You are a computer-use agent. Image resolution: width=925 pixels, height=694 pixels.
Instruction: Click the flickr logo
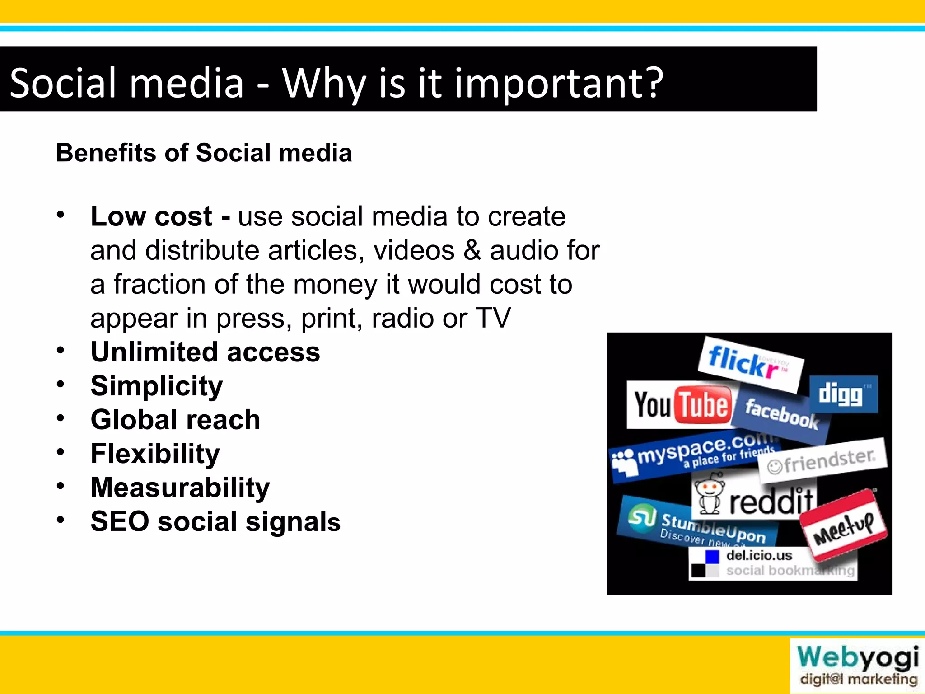[750, 364]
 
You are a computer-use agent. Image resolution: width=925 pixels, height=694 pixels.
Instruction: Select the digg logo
[843, 394]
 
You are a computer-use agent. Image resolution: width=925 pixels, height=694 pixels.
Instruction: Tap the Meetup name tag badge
[843, 524]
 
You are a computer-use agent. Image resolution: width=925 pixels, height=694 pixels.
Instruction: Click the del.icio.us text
[759, 555]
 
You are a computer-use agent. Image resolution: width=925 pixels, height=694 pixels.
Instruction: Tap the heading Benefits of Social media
[204, 153]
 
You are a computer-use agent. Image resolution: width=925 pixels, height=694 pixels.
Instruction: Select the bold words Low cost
[151, 216]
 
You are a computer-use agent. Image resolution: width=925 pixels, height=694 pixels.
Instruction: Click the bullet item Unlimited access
[205, 352]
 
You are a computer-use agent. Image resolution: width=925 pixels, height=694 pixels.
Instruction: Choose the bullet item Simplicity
[157, 386]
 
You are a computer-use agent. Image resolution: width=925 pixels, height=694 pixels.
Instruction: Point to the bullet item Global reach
[175, 420]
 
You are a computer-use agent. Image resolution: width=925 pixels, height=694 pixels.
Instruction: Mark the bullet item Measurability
[180, 488]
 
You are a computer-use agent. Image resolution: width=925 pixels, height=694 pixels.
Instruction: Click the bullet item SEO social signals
[215, 521]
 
